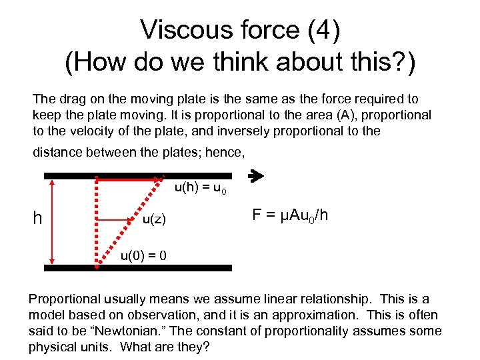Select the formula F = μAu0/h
click(x=290, y=215)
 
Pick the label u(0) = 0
click(x=143, y=255)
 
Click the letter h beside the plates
click(x=39, y=219)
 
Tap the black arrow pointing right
click(x=255, y=177)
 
